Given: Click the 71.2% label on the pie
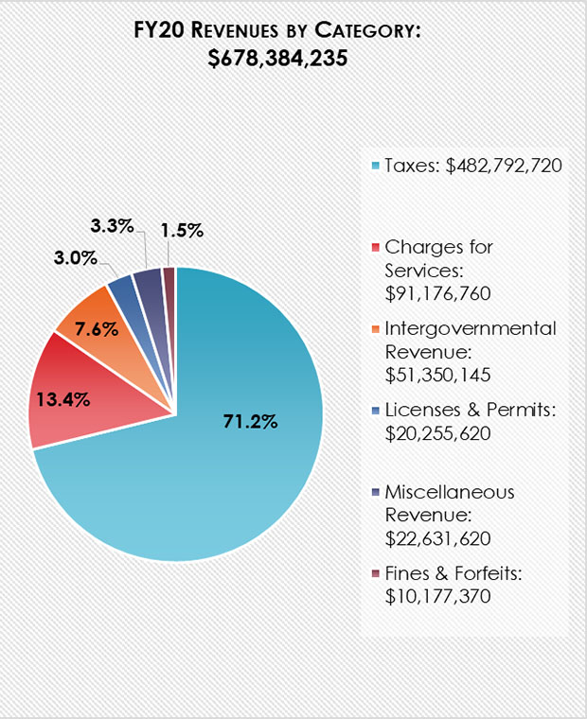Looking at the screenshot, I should click(250, 422).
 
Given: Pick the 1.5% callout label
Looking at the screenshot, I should click(180, 230).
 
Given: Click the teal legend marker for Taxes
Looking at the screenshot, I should click(375, 167).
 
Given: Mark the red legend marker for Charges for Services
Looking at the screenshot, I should click(375, 248).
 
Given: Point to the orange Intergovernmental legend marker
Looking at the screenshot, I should click(375, 329).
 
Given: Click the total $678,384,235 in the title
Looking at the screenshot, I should click(276, 59).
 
